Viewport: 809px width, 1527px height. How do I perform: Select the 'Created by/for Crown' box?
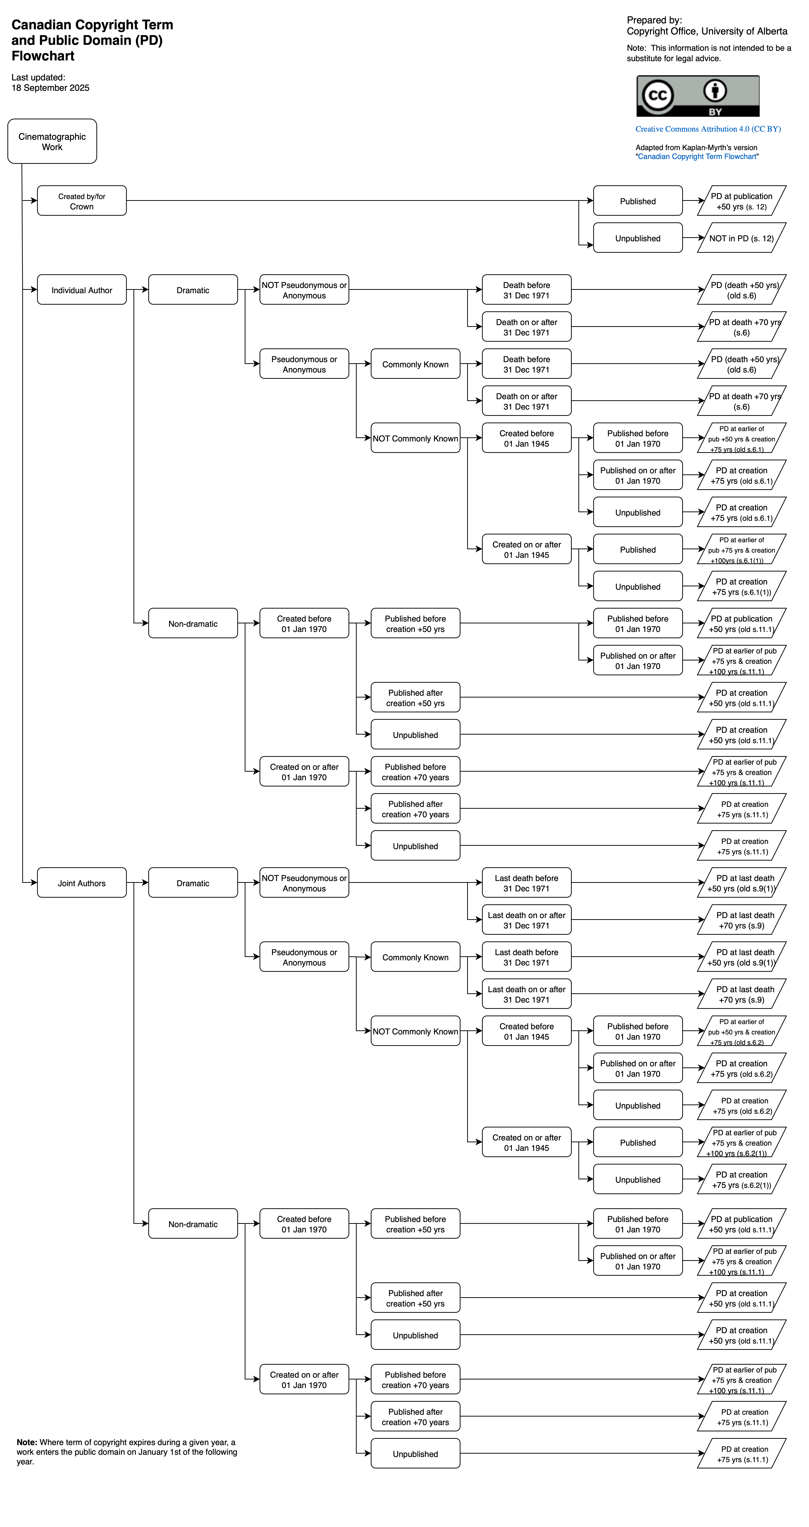coord(82,201)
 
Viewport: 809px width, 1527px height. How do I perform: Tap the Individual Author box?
coord(82,290)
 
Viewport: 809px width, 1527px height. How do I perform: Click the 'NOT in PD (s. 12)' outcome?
coord(741,238)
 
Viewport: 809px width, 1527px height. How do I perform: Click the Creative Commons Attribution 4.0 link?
coord(708,129)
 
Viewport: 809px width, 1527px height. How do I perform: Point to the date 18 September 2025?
coord(50,88)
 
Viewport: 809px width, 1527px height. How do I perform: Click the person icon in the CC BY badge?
coord(715,91)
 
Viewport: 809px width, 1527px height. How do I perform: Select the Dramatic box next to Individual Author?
coord(193,290)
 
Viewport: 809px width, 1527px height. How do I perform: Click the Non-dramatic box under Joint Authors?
coord(193,1224)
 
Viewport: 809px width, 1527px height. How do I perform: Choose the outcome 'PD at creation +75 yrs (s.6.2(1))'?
coord(741,1180)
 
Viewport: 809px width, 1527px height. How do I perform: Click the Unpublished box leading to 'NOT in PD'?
coord(638,238)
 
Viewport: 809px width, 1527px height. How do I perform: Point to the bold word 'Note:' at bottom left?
coord(27,1442)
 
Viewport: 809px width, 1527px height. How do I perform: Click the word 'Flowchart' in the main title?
coord(43,56)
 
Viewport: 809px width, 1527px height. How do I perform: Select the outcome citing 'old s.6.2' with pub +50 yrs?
coord(741,1031)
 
